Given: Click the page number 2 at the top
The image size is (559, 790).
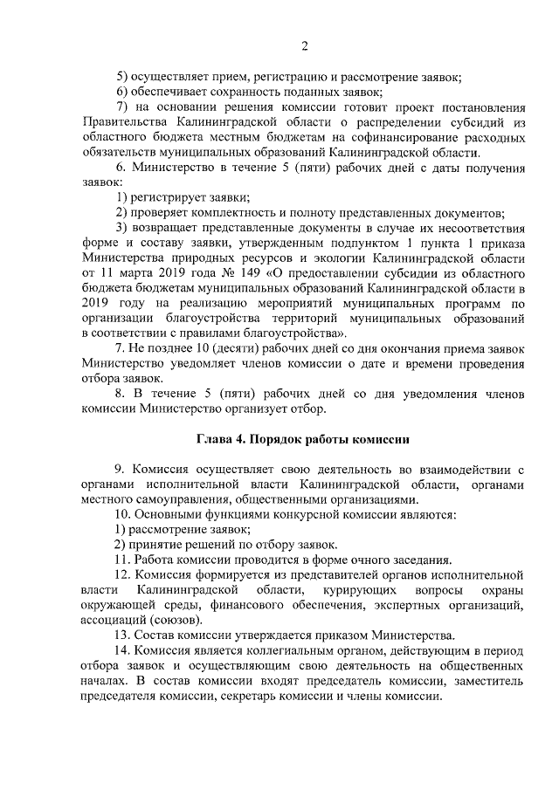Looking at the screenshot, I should point(304,46).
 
